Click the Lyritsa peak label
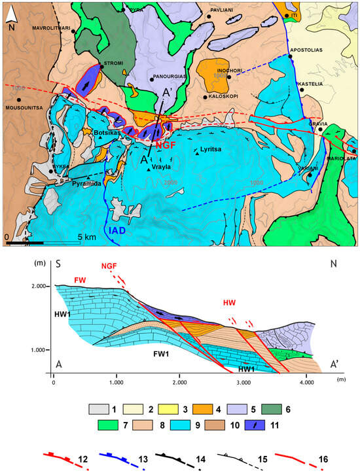[x=214, y=149]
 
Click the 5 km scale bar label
[x=87, y=236]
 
